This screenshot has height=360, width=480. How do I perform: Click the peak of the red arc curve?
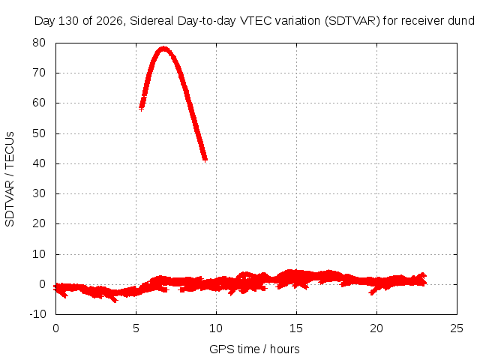click(164, 48)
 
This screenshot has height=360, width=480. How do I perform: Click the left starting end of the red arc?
click(141, 108)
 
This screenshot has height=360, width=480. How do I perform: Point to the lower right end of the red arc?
click(205, 159)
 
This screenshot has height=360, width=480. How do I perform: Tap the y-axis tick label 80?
click(39, 43)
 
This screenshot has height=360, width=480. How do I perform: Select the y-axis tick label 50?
click(39, 133)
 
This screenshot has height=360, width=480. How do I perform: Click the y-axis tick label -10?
click(37, 313)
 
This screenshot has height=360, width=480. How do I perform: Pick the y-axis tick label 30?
click(39, 193)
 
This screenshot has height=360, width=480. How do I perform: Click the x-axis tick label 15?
click(296, 328)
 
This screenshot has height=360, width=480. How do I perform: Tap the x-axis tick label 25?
click(457, 328)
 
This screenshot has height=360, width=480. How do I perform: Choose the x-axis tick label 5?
click(136, 328)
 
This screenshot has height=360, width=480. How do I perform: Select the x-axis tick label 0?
click(55, 328)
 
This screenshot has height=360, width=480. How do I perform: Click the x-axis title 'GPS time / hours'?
click(254, 349)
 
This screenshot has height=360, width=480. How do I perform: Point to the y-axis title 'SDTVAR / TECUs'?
click(10, 179)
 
